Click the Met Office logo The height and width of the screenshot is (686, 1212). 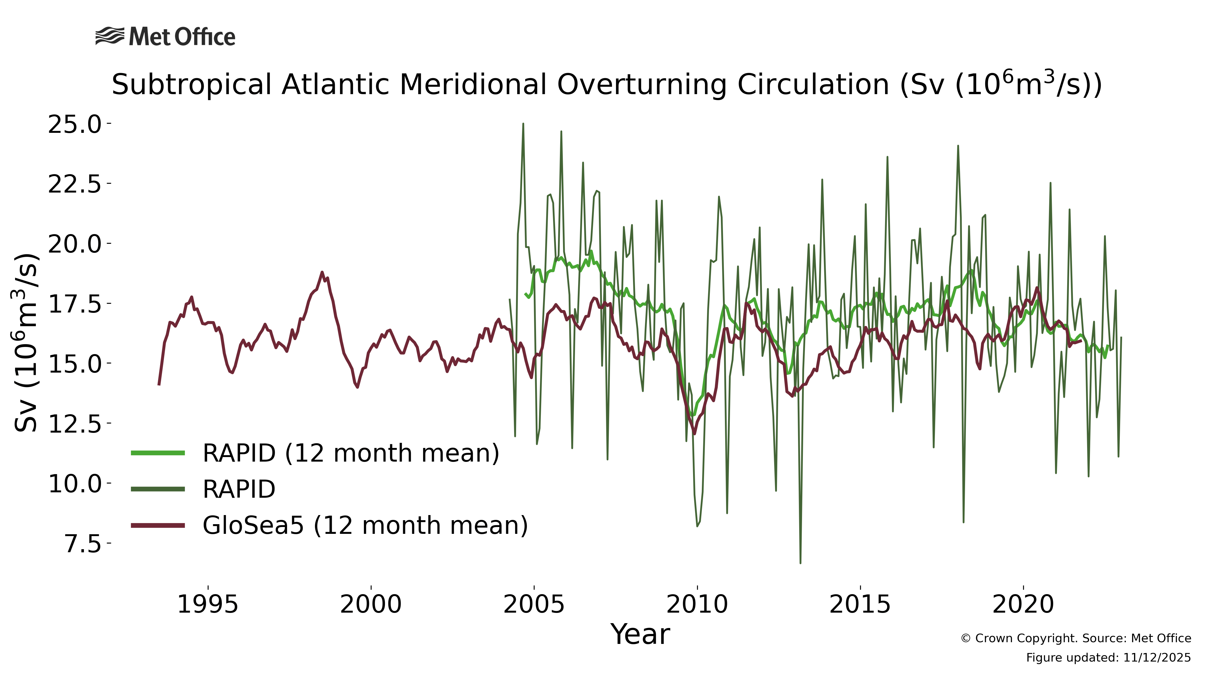tap(165, 37)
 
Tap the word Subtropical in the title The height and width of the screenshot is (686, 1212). tap(191, 85)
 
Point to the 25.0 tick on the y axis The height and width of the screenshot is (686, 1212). tap(75, 124)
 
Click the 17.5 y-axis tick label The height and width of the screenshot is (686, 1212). tap(75, 304)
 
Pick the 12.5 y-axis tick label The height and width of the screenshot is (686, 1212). tap(75, 424)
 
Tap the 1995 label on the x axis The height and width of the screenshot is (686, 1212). tap(207, 604)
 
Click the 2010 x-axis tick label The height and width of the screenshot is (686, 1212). tap(697, 604)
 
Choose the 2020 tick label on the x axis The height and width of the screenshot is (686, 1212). tap(1023, 604)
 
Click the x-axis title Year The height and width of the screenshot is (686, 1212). tap(640, 635)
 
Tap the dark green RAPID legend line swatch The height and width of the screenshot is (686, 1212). tap(158, 489)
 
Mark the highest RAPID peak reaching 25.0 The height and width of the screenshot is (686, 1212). tap(523, 124)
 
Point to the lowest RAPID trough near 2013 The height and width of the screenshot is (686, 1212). tap(800, 562)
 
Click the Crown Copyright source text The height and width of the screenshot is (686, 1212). tap(1075, 639)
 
